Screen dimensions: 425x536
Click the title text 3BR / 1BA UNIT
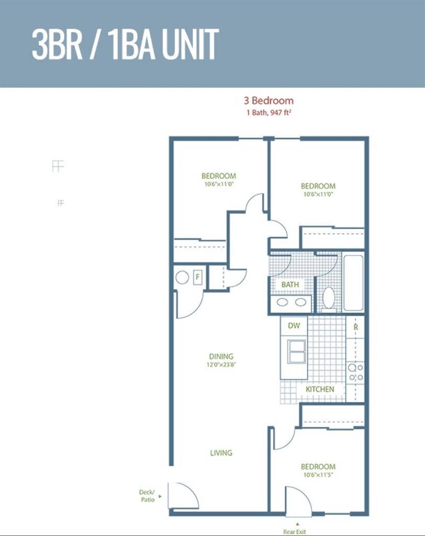pos(125,44)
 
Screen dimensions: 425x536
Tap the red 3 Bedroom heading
pos(269,100)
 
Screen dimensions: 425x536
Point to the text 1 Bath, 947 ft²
pos(269,113)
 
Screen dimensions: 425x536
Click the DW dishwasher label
pos(294,326)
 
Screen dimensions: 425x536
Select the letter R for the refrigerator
pos(355,327)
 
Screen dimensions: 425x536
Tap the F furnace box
pos(197,277)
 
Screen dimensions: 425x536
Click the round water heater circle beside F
pos(182,277)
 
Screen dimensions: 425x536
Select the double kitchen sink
pos(296,351)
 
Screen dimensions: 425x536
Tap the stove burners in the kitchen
pos(355,373)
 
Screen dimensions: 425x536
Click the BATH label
pos(290,284)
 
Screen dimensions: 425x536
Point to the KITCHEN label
pos(320,389)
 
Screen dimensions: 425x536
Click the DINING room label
pos(221,356)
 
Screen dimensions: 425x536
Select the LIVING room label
pos(221,453)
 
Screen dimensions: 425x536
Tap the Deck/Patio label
pos(147,496)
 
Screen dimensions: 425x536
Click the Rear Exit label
pos(294,532)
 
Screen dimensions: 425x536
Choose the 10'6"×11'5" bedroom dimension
pos(318,475)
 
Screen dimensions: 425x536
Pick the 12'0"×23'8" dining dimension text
pos(221,364)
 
